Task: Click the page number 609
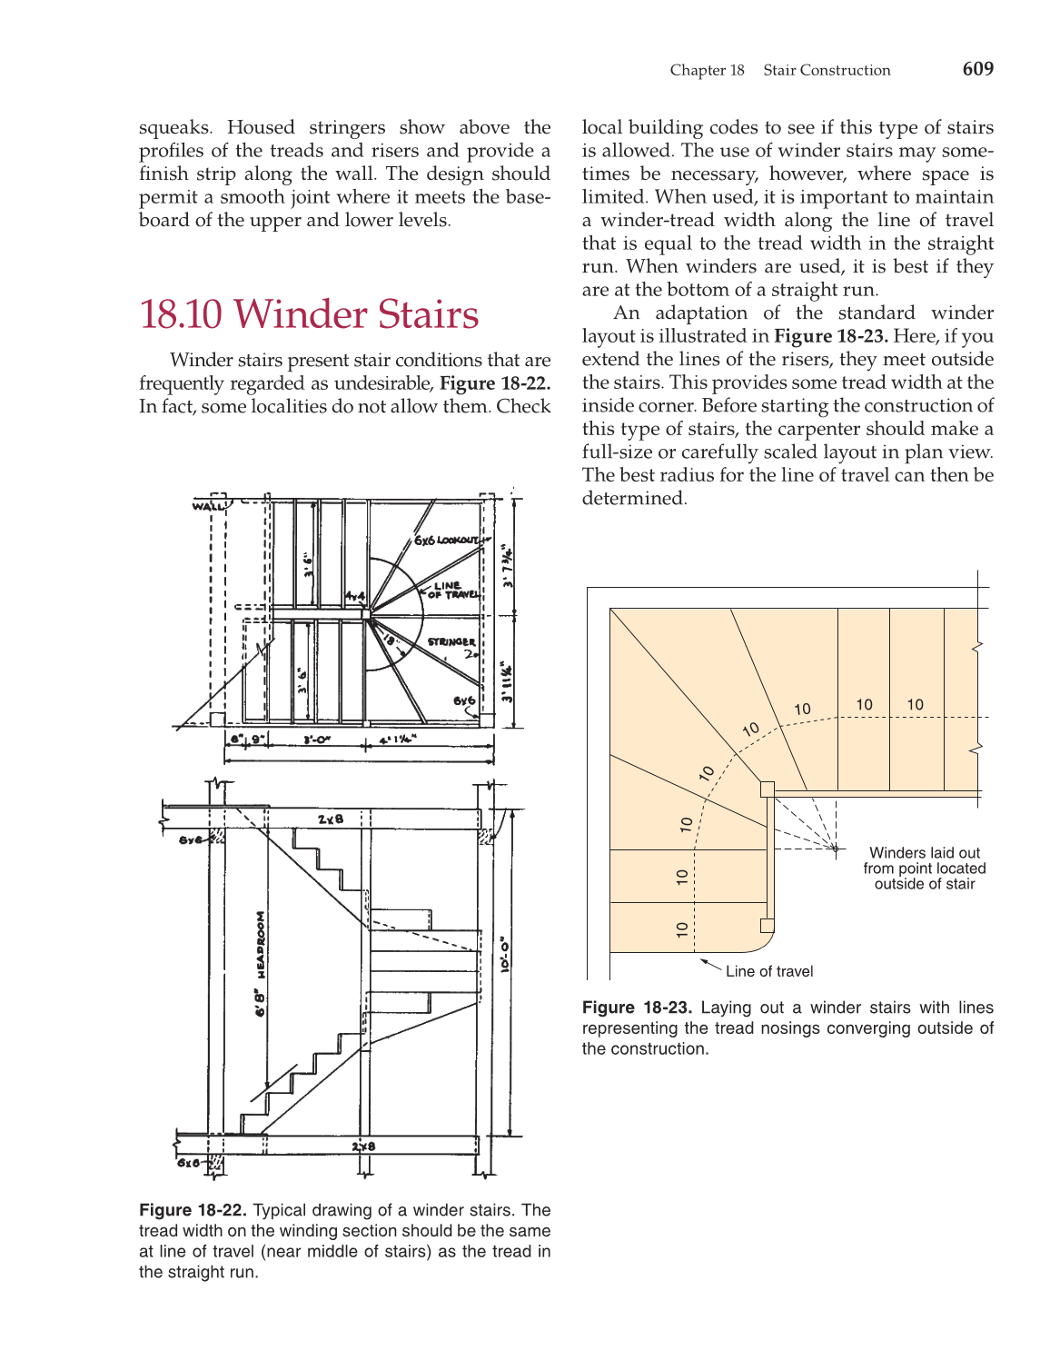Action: click(x=977, y=69)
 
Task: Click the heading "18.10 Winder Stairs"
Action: click(x=309, y=314)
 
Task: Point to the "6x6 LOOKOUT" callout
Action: click(x=446, y=541)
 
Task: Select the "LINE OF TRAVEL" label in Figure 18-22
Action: click(x=452, y=591)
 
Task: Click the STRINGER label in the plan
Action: click(x=451, y=642)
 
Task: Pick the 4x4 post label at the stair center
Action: click(x=354, y=597)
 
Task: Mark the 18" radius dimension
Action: click(x=391, y=640)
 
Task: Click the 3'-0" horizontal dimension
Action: click(x=316, y=740)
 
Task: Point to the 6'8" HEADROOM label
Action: click(x=261, y=963)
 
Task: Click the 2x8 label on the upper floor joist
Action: click(x=331, y=819)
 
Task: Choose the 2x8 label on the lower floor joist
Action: click(x=363, y=1147)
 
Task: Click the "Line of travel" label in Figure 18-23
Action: click(x=769, y=971)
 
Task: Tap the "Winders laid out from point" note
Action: click(x=924, y=869)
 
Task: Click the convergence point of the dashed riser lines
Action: click(x=835, y=849)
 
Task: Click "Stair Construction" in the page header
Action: click(x=827, y=71)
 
